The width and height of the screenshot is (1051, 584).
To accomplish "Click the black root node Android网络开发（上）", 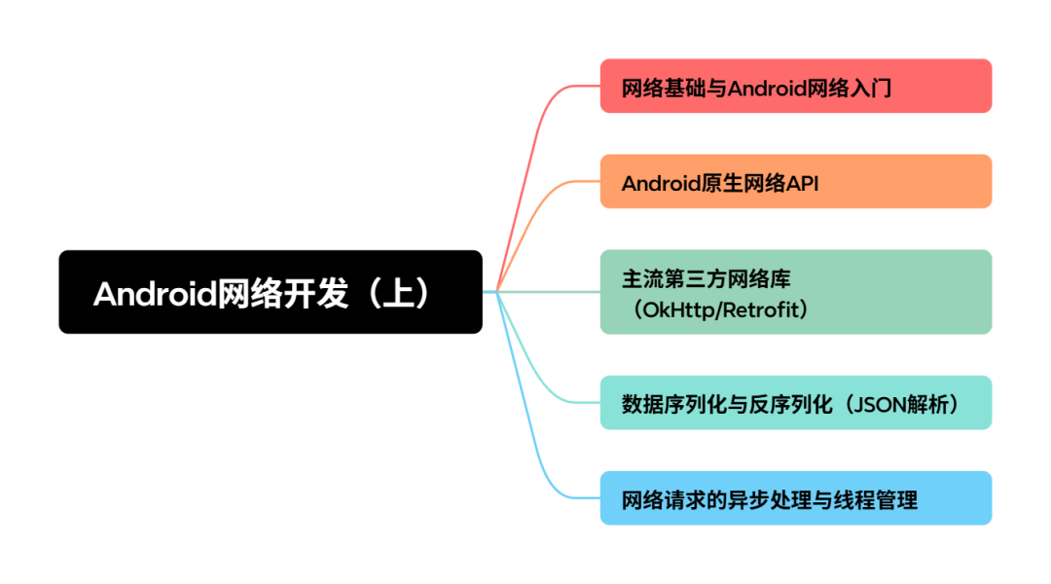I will [x=271, y=292].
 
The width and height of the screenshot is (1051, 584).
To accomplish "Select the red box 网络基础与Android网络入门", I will [x=795, y=86].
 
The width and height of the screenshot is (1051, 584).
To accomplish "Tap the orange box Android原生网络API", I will [x=795, y=181].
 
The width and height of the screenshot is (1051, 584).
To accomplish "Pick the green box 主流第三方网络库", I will [x=795, y=292].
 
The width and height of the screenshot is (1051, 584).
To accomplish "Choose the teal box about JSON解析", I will [x=795, y=402].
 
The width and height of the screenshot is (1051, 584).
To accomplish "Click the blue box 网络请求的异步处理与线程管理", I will [x=795, y=498].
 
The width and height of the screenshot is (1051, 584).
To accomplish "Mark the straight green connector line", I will [x=550, y=291].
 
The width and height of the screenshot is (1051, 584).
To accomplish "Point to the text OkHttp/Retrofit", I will [x=721, y=310].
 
